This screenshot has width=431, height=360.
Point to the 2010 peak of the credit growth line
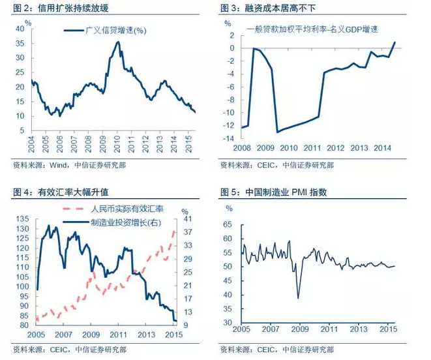click(118, 42)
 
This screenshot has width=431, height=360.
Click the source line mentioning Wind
click(68, 165)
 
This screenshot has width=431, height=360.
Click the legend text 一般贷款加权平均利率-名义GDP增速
click(313, 29)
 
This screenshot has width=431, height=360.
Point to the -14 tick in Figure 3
click(228, 139)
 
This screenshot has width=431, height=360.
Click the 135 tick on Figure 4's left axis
click(21, 219)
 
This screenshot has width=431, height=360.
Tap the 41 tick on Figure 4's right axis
click(185, 219)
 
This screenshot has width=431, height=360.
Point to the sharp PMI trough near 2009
click(299, 298)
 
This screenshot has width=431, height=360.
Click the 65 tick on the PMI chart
click(228, 224)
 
